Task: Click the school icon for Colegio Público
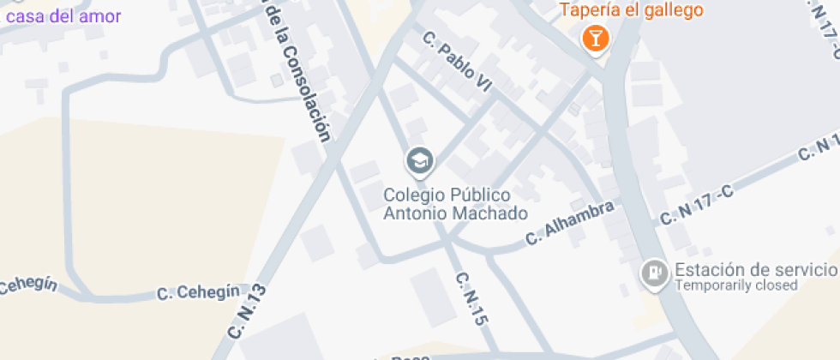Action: [x=420, y=160]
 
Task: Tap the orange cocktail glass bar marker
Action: [x=594, y=38]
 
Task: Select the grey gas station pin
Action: [x=655, y=273]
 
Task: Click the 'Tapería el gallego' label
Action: [x=632, y=10]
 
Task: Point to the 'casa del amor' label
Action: [x=63, y=15]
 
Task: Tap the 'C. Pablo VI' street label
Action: [x=459, y=58]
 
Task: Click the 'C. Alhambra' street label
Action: [x=570, y=223]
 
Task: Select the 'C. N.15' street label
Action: [x=471, y=298]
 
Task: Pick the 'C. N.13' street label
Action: [x=249, y=310]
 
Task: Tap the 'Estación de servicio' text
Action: [x=754, y=270]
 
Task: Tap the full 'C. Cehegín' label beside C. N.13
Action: [x=198, y=292]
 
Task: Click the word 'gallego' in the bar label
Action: [x=674, y=10]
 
